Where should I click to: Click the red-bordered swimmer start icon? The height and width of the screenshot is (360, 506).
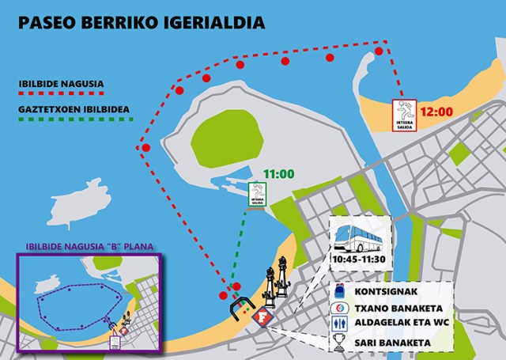pos(406,115)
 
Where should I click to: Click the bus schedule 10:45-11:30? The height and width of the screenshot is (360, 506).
pos(361,260)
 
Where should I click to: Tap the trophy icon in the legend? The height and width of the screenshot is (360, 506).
pos(338,343)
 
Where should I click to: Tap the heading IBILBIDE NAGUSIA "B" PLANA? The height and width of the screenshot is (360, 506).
pos(89,244)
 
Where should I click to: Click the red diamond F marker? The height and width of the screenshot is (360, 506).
pos(262,316)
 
